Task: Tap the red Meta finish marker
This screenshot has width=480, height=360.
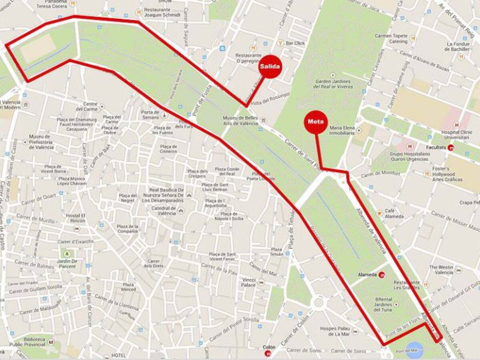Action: pyautogui.click(x=316, y=122)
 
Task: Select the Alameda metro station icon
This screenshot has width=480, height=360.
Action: pyautogui.click(x=382, y=275)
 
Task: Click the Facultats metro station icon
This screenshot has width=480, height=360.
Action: pyautogui.click(x=451, y=148)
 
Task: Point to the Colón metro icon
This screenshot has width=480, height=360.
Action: pyautogui.click(x=268, y=353)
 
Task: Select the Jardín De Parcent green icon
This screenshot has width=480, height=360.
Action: pyautogui.click(x=67, y=254)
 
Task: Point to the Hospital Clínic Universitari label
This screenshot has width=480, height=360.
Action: pyautogui.click(x=455, y=134)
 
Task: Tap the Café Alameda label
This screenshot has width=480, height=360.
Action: pyautogui.click(x=394, y=214)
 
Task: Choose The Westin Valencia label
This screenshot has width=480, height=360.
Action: pyautogui.click(x=442, y=270)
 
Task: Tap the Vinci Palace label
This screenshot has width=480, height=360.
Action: pyautogui.click(x=248, y=282)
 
